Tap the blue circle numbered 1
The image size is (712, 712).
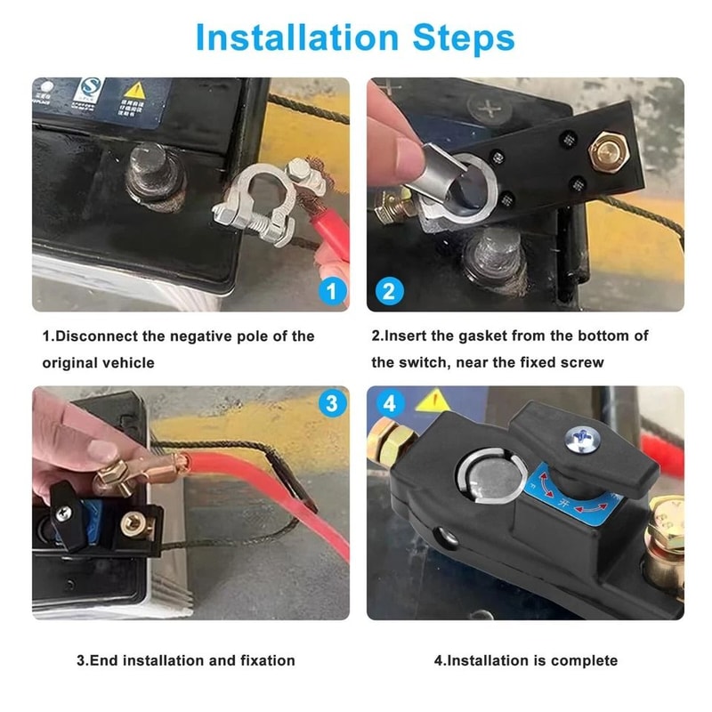[x=331, y=291]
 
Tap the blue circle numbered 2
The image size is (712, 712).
[x=390, y=291]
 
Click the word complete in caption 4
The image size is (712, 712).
[x=584, y=660]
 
